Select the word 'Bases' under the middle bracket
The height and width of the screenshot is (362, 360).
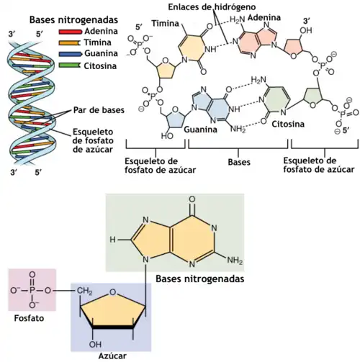240,163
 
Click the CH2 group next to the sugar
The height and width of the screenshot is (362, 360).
84,291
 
